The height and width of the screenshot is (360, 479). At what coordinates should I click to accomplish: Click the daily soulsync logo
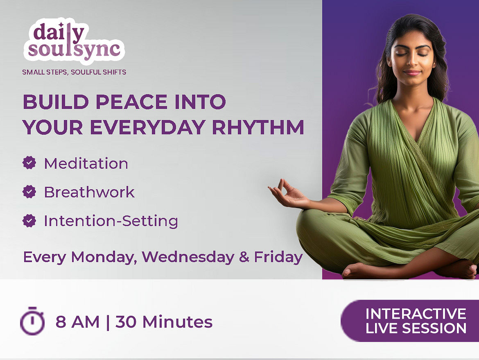coord(74,41)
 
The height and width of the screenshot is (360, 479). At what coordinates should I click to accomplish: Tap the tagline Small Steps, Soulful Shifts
coord(74,72)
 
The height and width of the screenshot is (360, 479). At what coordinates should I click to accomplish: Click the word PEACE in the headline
coord(132,102)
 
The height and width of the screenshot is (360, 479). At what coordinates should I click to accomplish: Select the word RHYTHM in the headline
coord(258,127)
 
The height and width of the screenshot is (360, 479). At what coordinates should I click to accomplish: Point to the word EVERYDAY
coord(147,127)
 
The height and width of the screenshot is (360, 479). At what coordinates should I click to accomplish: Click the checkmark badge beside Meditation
coord(29,163)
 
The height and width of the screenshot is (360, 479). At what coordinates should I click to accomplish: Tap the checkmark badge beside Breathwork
coord(29,192)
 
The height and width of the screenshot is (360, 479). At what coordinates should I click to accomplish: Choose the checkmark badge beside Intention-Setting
coord(29,220)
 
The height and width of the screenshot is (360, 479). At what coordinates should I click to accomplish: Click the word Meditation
coord(86,163)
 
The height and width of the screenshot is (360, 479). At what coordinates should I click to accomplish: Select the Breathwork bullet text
coord(90,192)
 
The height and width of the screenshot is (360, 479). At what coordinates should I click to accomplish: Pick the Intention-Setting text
coord(111,221)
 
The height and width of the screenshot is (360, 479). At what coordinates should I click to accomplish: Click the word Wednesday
coord(188,257)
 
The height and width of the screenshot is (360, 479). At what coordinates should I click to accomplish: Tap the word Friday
coord(278,257)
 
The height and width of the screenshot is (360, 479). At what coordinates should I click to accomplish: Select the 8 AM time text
coord(78,322)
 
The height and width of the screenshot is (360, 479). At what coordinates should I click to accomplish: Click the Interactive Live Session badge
coord(410,321)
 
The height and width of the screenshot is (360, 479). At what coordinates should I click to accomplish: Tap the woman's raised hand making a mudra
coord(289,195)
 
